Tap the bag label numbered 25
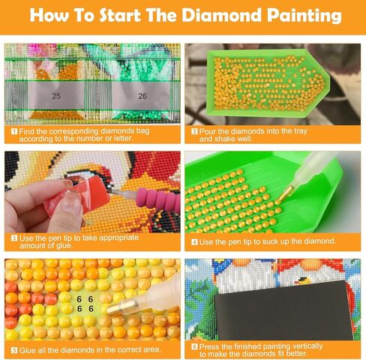point(56,96)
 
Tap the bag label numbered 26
point(142,96)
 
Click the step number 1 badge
point(13,130)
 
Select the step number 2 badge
point(194,130)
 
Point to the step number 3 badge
point(13,238)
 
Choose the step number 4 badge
point(194,242)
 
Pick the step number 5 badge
point(13,349)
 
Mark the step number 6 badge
point(194,346)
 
